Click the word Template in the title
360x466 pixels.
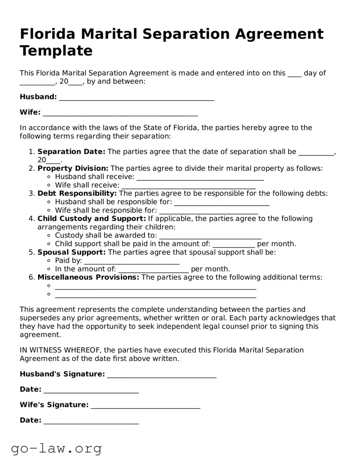pos(56,51)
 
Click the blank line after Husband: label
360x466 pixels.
pos(136,98)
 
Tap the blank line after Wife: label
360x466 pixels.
pos(120,113)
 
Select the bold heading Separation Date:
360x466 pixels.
pos(71,152)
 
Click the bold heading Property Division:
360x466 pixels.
pos(73,168)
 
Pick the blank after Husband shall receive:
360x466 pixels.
pos(200,178)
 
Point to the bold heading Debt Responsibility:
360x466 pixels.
pos(77,194)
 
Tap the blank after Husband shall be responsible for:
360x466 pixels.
pos(222,203)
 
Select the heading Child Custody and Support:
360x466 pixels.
pos(92,218)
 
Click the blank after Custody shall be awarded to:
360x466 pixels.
pos(210,236)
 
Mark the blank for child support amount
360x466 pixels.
pos(234,245)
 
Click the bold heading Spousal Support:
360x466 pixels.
pos(72,252)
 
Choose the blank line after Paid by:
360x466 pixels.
pos(132,262)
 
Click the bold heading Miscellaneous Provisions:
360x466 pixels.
pos(88,277)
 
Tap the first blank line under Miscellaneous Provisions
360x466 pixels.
pos(155,287)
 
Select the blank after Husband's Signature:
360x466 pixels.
pos(162,375)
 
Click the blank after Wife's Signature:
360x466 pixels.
pos(145,406)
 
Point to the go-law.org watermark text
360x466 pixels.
pos(56,448)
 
